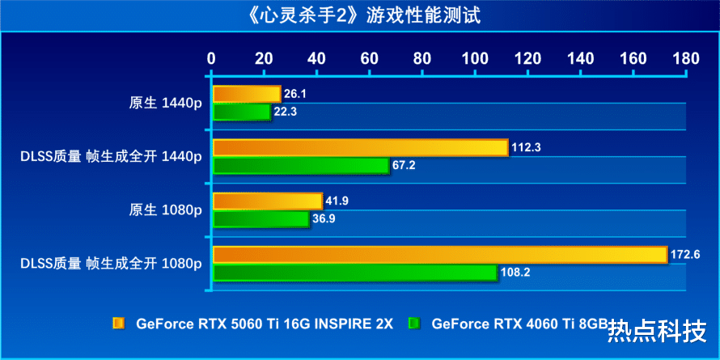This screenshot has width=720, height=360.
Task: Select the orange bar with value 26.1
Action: click(246, 95)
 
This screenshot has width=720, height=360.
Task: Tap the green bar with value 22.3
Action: click(241, 112)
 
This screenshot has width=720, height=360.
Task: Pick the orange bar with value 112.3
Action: click(360, 148)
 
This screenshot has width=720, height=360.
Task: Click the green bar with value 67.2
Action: click(300, 165)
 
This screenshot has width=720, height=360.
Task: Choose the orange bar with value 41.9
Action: click(267, 201)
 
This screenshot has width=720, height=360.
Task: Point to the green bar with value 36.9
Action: click(260, 218)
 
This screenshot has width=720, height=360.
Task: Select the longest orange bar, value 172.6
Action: click(439, 255)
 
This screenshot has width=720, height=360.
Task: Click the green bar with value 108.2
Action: click(354, 273)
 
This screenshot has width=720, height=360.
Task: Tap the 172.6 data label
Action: click(685, 255)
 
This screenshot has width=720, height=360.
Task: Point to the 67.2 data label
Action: click(406, 165)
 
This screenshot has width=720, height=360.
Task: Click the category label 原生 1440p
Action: click(166, 103)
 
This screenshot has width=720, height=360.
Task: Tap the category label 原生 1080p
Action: click(166, 210)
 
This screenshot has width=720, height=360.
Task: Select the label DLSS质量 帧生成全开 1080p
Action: click(111, 263)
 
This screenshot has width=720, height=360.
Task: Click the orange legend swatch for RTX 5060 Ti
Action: click(119, 324)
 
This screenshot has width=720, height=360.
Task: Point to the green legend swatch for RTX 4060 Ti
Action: click(415, 324)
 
